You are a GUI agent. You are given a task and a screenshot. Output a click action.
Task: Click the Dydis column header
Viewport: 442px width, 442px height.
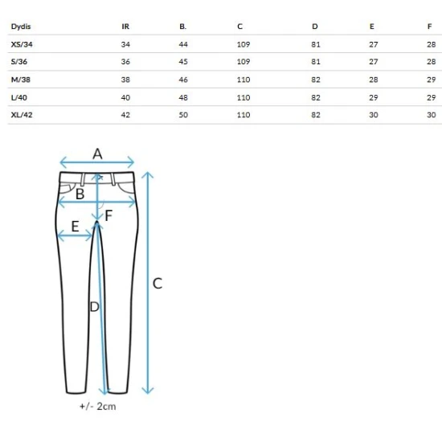tap(21, 27)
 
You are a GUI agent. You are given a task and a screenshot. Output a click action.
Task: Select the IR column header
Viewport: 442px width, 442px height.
tap(125, 27)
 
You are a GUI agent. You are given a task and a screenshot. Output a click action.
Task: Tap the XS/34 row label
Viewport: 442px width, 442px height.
tap(22, 44)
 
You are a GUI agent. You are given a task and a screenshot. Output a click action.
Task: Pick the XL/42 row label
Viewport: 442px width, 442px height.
tap(22, 115)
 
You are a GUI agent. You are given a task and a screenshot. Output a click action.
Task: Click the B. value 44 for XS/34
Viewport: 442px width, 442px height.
tap(183, 44)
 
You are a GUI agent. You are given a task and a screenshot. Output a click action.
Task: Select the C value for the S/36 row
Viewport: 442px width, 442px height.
tap(244, 61)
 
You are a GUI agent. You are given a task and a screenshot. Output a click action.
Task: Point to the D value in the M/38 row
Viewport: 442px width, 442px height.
tap(316, 80)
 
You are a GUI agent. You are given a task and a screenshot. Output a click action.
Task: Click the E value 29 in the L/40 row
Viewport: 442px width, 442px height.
tap(374, 97)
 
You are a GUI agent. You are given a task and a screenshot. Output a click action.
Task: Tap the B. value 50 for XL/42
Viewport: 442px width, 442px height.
tap(183, 115)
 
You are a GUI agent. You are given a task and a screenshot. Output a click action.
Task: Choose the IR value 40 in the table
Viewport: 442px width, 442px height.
tap(125, 97)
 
